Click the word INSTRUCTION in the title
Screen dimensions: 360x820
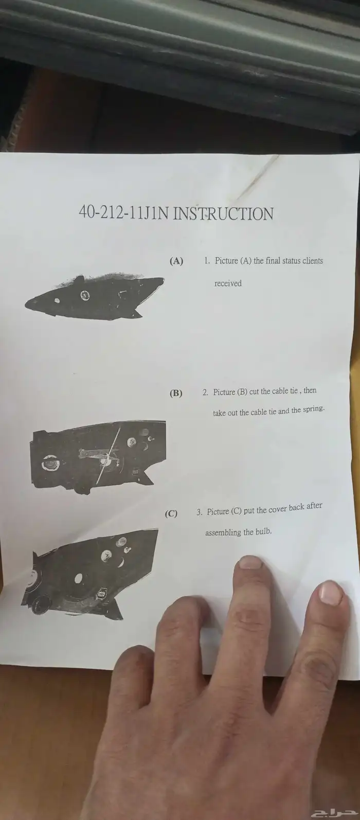point(223,214)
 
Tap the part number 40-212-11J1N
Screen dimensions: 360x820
point(124,213)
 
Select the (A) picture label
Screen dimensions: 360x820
point(176,261)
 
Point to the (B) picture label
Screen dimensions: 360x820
point(176,393)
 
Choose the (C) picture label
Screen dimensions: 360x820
point(171,513)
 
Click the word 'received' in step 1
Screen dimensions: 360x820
point(228,283)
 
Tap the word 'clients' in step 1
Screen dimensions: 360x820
point(313,261)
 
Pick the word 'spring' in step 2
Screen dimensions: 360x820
point(314,409)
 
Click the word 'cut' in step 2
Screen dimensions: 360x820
point(254,391)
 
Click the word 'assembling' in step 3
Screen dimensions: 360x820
point(223,532)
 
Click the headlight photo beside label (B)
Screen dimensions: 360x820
point(99,456)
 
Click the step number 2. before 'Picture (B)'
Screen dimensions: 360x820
point(206,393)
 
